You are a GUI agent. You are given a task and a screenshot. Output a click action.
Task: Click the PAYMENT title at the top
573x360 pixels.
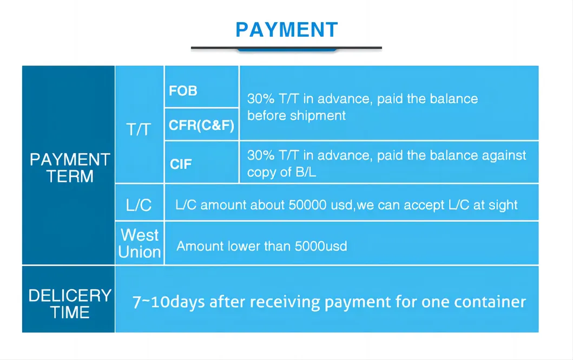(287, 29)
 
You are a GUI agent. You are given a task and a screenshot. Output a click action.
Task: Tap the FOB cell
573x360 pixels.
(183, 91)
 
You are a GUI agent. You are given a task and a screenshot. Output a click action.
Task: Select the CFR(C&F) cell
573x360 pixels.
(201, 126)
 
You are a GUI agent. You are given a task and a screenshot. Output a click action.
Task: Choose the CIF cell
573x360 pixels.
(181, 163)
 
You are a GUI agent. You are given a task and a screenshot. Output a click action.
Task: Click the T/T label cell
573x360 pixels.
(139, 129)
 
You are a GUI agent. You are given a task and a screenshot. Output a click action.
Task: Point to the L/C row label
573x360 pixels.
(139, 205)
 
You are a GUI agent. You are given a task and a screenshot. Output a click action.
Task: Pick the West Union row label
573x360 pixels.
(140, 244)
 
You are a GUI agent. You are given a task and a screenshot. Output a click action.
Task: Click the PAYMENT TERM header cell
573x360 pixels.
(70, 168)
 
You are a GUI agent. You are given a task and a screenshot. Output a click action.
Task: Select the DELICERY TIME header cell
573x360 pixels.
(70, 304)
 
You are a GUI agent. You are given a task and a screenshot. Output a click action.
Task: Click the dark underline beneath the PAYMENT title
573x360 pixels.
(286, 48)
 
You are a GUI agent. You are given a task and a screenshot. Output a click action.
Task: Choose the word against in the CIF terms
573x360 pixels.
(504, 155)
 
